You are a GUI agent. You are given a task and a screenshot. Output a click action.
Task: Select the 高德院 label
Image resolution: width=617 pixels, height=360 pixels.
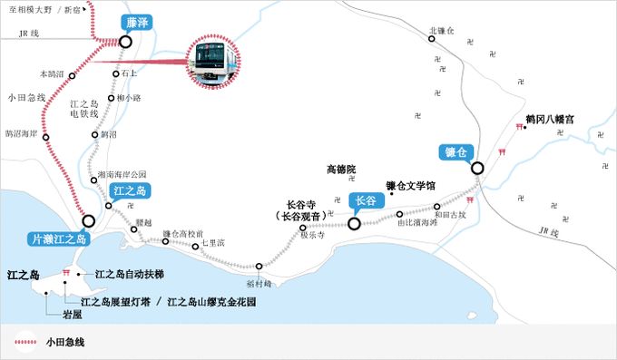(x=341, y=170)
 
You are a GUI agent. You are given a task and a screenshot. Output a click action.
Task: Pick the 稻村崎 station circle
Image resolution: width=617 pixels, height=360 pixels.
(x=260, y=267)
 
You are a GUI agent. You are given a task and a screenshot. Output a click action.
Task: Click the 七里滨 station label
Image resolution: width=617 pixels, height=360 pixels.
(x=213, y=243)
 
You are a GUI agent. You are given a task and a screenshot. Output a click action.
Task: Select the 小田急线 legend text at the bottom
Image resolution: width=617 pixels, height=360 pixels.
(x=65, y=343)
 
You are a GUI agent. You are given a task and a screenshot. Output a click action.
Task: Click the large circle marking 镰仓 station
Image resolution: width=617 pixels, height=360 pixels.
(x=476, y=168)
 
